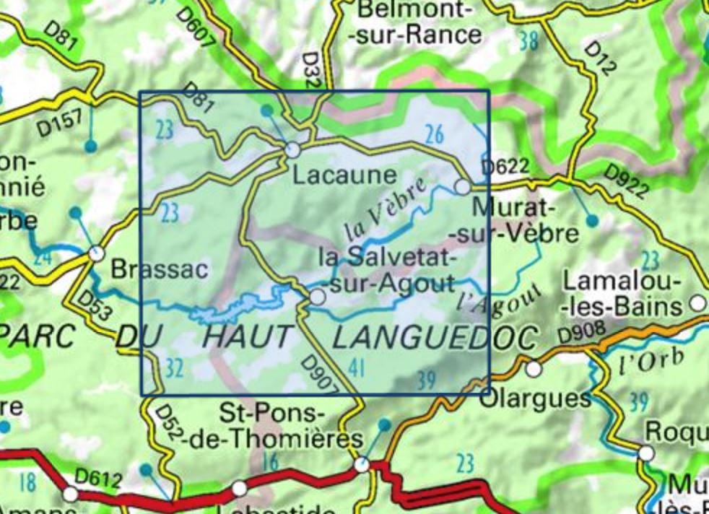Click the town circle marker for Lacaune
[x=292, y=150]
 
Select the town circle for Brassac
[x=95, y=253]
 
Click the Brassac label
[x=159, y=269]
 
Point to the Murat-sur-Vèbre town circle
[x=462, y=187]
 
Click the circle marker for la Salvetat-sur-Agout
[x=317, y=297]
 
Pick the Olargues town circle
[x=534, y=369]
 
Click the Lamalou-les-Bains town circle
[x=697, y=302]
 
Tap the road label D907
[x=318, y=375]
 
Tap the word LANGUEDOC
[x=435, y=337]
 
